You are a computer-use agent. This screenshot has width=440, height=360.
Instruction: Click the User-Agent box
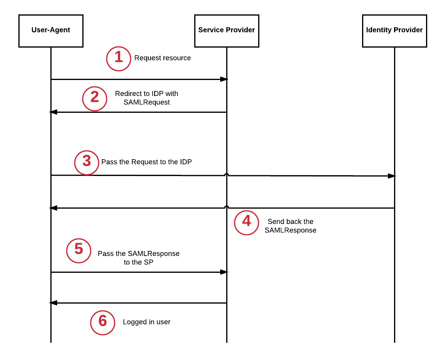tap(51, 30)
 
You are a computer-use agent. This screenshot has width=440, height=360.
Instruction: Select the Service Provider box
tap(227, 30)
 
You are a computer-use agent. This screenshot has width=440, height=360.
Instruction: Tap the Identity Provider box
tap(394, 30)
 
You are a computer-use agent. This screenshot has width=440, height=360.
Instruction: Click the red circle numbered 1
tap(118, 58)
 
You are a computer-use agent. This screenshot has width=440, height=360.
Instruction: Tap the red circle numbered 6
tap(103, 322)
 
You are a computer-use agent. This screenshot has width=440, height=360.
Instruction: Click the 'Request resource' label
tap(163, 58)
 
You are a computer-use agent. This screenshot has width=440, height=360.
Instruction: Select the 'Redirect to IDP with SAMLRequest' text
tap(147, 98)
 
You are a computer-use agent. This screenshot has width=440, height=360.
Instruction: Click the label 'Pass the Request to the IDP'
tap(147, 162)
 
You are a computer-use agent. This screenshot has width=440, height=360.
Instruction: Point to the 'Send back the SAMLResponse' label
tap(291, 226)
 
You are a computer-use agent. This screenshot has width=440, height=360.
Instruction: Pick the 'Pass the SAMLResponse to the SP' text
tap(139, 258)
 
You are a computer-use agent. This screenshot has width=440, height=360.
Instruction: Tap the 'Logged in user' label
tap(147, 322)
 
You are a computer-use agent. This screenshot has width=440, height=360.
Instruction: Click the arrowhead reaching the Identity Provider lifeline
tap(391, 176)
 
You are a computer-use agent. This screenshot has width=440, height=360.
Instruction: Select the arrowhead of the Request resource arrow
tap(224, 79)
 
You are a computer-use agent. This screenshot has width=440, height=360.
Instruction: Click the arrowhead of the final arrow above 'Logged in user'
tap(53, 303)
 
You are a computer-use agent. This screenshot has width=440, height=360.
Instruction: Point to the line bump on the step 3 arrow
tap(227, 174)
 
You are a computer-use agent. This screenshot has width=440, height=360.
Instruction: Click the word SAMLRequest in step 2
tap(147, 102)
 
